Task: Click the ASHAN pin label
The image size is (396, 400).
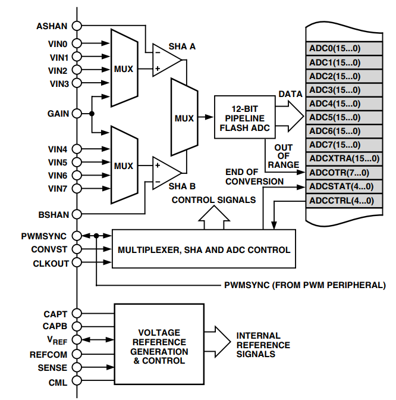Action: coord(52,26)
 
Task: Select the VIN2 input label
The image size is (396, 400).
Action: coord(58,70)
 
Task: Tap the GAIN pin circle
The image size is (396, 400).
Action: coord(77,113)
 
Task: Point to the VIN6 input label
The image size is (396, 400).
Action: coord(58,176)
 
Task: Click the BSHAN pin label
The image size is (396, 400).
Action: coord(52,214)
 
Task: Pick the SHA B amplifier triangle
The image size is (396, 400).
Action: coord(166,169)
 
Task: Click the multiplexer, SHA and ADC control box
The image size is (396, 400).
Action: coord(204,249)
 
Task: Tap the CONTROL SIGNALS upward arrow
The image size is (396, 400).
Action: coord(212,217)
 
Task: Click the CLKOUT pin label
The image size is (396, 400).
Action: coord(50,262)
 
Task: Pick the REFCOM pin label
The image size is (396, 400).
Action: coord(49,354)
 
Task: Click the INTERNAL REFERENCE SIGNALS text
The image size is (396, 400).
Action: coord(263,345)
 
